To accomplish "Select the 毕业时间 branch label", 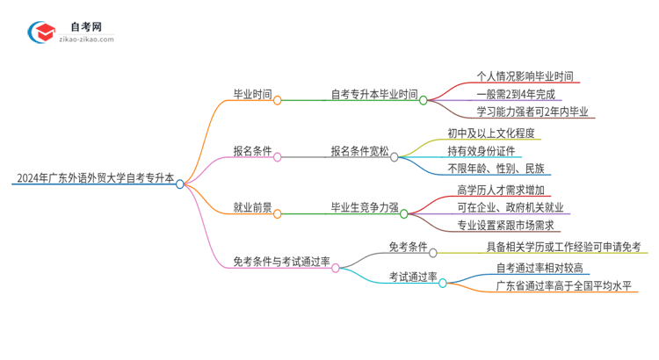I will click(x=252, y=94).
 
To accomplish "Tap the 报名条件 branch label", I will click(x=252, y=150).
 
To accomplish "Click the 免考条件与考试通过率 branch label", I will click(x=281, y=262).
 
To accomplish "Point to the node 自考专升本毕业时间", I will click(x=373, y=94).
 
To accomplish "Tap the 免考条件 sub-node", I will click(x=409, y=247).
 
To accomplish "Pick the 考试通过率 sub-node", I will click(x=413, y=277).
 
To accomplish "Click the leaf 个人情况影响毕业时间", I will click(x=525, y=76).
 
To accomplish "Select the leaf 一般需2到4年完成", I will click(x=516, y=94).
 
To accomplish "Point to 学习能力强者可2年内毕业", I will click(x=533, y=112).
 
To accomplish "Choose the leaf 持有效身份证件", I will click(x=479, y=151).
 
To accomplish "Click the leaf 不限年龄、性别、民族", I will click(x=496, y=169).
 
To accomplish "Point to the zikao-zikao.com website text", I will click(x=84, y=40).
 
